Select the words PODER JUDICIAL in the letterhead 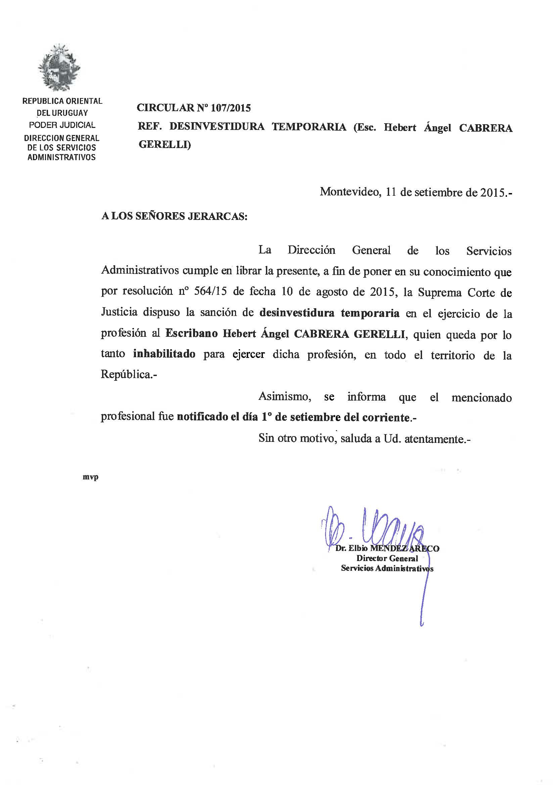62,125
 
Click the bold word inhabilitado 164,354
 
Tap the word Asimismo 284,397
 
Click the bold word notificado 201,417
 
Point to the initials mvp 91,477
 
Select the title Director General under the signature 387,558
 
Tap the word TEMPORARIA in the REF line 309,127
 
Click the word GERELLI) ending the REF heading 165,145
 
